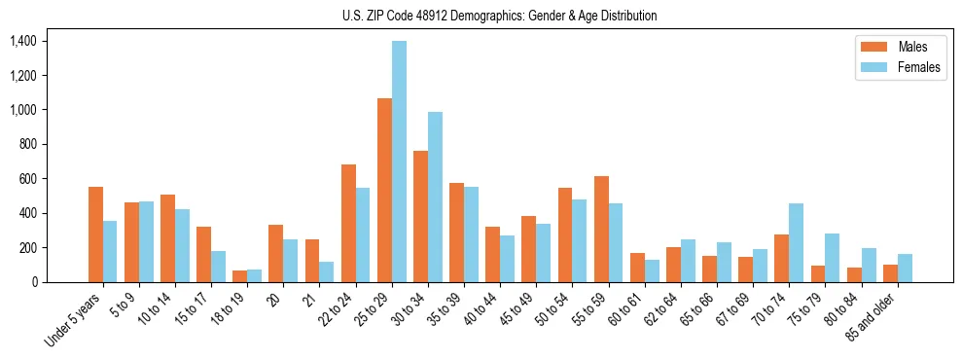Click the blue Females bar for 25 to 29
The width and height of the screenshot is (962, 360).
[399, 162]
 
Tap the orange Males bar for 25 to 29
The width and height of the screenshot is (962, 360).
[384, 190]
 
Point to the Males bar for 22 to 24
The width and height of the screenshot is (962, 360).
[348, 223]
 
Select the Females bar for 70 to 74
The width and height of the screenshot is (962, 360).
[796, 242]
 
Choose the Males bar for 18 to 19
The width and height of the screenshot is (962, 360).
[239, 276]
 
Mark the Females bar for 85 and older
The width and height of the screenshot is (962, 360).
[905, 268]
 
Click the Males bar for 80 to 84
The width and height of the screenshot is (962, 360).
[854, 274]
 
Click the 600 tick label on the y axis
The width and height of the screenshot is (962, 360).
[25, 179]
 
